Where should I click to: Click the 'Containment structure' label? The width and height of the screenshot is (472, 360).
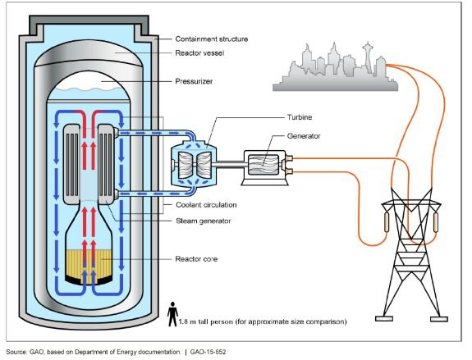point(212,39)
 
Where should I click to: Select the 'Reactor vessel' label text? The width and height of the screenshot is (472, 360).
point(199,53)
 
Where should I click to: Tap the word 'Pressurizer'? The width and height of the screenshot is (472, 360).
point(194,81)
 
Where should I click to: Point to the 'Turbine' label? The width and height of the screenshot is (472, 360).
point(300,117)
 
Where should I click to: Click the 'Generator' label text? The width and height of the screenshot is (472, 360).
point(304,136)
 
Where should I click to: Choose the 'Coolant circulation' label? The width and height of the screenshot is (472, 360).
point(206,205)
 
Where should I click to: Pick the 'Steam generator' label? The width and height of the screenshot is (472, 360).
point(204,221)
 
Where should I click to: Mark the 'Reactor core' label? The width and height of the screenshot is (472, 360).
point(196,259)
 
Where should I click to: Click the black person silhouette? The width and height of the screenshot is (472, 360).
point(172,314)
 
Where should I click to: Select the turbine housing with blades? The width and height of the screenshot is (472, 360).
point(194,165)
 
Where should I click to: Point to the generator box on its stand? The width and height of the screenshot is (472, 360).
point(265,168)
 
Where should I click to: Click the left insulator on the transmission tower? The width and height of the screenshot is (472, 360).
point(387,222)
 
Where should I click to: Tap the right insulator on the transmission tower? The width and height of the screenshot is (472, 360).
point(436,222)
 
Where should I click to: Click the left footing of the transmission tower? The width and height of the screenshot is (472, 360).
point(384,319)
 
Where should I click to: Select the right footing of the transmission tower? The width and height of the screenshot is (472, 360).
point(439,319)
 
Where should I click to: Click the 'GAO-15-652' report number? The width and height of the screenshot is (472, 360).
point(208,352)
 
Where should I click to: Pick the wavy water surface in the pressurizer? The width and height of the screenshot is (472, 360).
point(89,89)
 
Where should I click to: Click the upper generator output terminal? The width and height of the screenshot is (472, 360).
point(288,158)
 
